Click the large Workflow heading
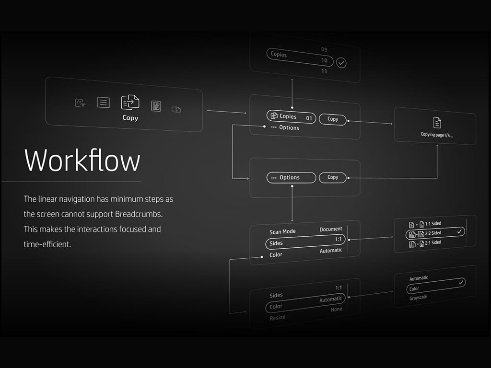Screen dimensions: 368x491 (82, 160)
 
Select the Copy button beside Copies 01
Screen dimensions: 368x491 (333, 119)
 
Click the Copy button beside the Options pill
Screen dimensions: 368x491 (333, 177)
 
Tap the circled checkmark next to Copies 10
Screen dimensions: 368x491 (341, 63)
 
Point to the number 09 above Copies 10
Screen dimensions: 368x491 (324, 50)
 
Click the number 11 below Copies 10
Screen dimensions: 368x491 (324, 71)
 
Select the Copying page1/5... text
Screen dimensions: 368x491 (436, 135)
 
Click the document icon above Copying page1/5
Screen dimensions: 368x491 (437, 122)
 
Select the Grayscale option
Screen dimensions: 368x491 (418, 298)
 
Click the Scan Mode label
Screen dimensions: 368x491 (282, 232)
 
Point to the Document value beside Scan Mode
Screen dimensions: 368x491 (331, 230)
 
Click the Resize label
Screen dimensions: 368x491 (277, 317)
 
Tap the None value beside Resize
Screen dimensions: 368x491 (337, 310)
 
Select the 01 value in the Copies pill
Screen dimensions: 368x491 (309, 118)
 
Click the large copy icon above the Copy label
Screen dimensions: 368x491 (130, 102)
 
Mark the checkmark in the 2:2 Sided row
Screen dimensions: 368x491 (459, 232)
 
